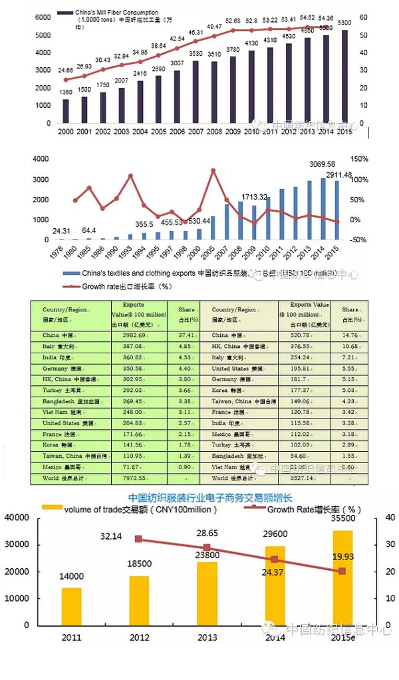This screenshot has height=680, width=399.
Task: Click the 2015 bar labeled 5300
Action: coord(343,77)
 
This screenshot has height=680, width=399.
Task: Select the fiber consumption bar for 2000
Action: coord(65,111)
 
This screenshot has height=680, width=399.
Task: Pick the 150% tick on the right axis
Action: coord(360,159)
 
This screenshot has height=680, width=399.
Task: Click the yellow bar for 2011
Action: coord(72,606)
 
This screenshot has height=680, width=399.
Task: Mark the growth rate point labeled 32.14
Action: coord(138,539)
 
